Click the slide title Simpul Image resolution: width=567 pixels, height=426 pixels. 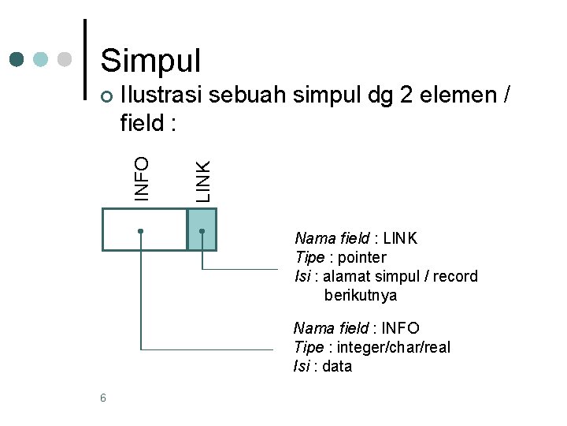151,60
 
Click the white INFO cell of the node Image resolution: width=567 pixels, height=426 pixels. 145,230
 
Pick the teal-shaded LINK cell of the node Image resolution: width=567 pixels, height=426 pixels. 202,230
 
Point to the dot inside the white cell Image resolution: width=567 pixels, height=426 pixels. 140,231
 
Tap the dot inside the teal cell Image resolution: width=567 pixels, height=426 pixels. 202,231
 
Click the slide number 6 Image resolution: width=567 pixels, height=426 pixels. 103,398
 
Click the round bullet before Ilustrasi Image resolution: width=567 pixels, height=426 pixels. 109,97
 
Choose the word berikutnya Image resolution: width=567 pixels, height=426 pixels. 360,295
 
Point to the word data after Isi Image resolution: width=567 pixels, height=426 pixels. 337,366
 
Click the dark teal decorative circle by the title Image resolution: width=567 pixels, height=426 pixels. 17,59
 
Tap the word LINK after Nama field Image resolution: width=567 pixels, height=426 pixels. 400,238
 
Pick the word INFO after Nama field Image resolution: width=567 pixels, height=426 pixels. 400,328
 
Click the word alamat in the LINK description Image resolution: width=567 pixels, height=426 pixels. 346,276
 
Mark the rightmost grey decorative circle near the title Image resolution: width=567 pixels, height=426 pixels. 65,59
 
